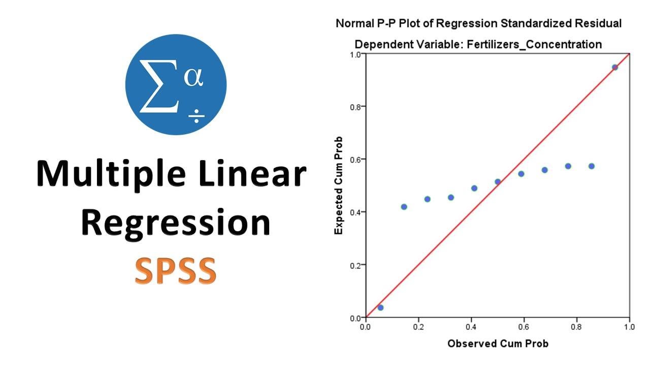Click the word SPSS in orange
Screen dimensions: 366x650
[176, 270]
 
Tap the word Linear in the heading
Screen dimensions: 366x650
[254, 174]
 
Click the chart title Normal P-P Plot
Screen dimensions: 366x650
[478, 23]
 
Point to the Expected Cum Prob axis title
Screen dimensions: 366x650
[339, 186]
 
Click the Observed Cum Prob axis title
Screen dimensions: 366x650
[498, 344]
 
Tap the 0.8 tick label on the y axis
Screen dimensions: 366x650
[355, 107]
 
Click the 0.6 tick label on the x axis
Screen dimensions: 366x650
[524, 326]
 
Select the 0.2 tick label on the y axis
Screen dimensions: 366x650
[355, 265]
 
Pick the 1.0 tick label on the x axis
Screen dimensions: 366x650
[629, 326]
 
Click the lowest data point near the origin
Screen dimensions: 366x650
[380, 308]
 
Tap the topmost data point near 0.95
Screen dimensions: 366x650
[615, 67]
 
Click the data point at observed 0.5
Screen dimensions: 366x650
[498, 181]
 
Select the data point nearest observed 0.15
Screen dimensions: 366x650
[404, 207]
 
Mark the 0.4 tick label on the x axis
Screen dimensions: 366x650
[471, 326]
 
